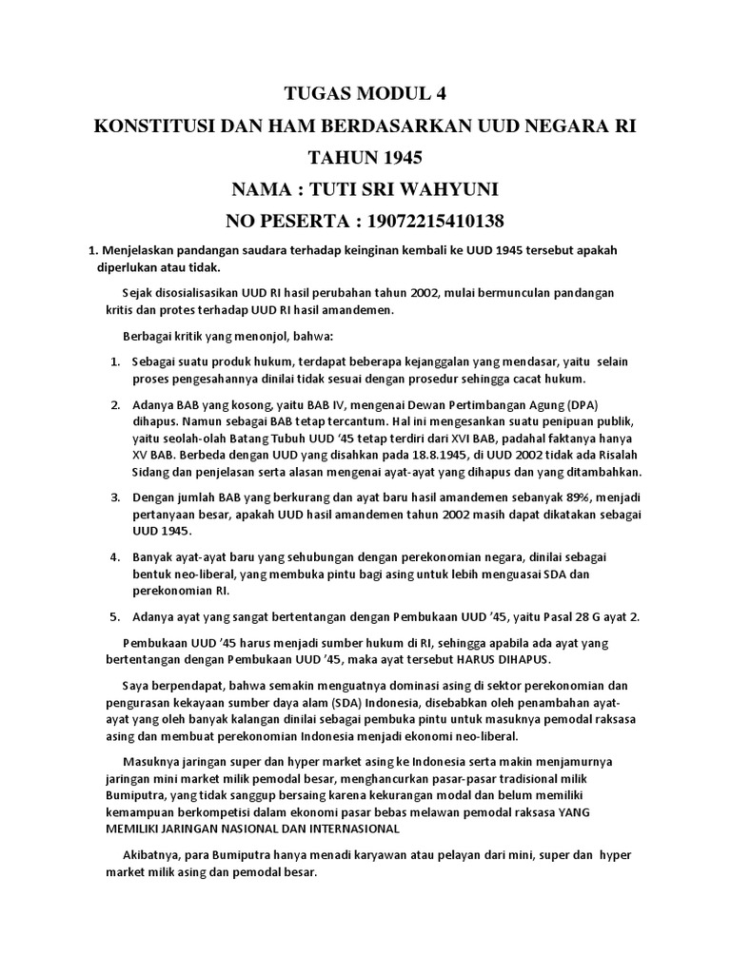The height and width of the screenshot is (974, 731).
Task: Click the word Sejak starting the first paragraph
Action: pos(139,292)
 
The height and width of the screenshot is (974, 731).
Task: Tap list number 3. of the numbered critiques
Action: pos(114,497)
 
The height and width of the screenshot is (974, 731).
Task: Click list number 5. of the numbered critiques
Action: pos(114,616)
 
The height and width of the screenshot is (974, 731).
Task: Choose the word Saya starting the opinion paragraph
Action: pos(137,686)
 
